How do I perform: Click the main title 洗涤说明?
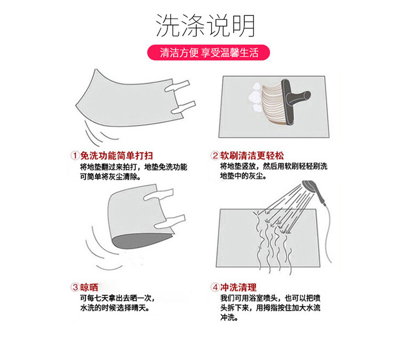pyautogui.click(x=205, y=26)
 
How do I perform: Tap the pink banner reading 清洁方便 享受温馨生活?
pyautogui.click(x=209, y=52)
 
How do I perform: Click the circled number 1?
pyautogui.click(x=75, y=155)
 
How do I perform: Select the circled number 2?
pyautogui.click(x=215, y=155)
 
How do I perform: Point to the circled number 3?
pyautogui.click(x=75, y=287)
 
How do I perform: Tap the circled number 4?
pyautogui.click(x=215, y=287)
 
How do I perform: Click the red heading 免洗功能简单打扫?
pyautogui.click(x=117, y=156)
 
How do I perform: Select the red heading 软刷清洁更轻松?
pyautogui.click(x=252, y=156)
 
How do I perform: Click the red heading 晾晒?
pyautogui.click(x=89, y=287)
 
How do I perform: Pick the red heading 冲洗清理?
pyautogui.click(x=238, y=287)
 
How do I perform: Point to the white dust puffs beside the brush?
pyautogui.click(x=255, y=97)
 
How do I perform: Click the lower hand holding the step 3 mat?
pyautogui.click(x=169, y=221)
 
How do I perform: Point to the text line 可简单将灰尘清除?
pyautogui.click(x=111, y=177)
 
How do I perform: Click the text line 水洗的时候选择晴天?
pyautogui.click(x=115, y=308)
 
